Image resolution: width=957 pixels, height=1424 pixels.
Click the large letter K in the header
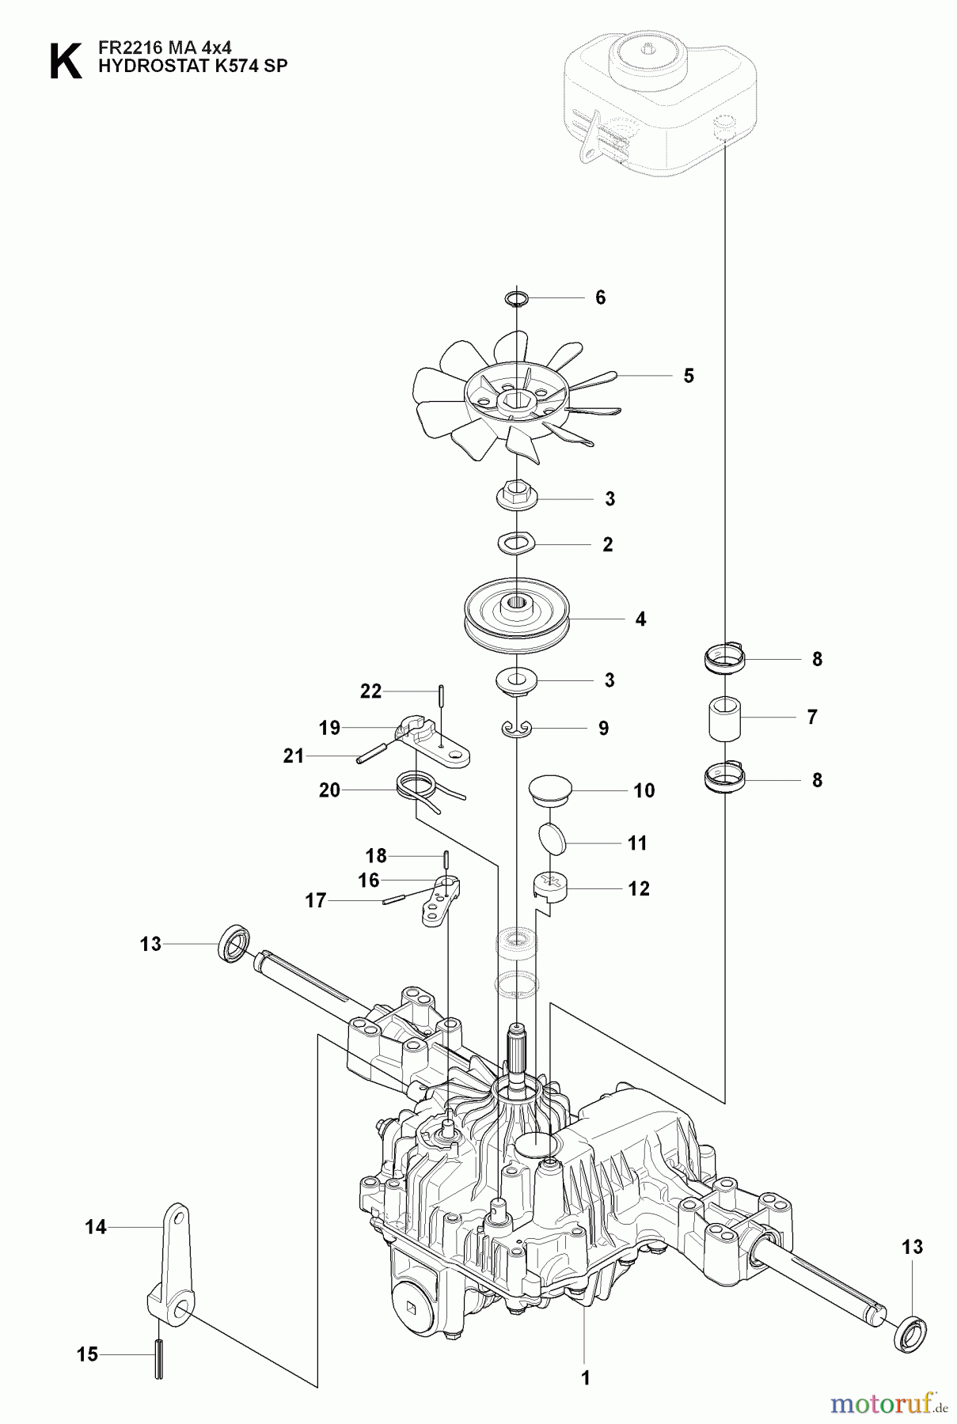pos(65,62)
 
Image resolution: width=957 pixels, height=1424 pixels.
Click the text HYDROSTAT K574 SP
pos(192,66)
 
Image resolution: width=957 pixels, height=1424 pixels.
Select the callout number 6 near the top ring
pos(600,297)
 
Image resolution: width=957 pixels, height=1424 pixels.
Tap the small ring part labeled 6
pos(515,298)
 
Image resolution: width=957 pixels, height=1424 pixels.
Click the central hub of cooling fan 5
pos(516,392)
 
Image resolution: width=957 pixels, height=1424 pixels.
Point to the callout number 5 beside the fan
pos(688,376)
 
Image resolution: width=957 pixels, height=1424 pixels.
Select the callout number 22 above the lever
pos(370,691)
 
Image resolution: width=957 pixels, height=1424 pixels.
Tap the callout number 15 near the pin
pos(87,1354)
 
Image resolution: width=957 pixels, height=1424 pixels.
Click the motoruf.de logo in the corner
pos(889,1404)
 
